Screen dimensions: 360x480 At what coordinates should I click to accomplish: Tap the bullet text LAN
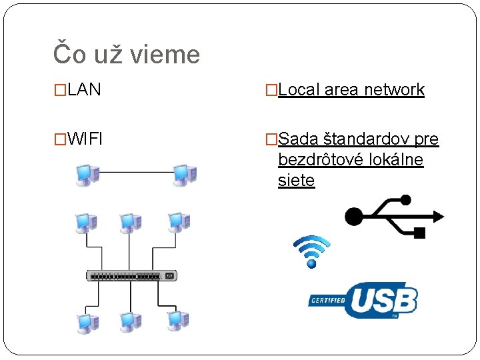[x=84, y=90]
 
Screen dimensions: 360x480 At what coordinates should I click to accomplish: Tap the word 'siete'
[x=296, y=181]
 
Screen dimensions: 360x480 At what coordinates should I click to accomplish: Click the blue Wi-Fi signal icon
[x=311, y=251]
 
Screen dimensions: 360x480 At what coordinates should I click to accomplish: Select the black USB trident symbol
[x=393, y=215]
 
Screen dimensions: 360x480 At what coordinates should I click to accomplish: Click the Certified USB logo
[x=364, y=301]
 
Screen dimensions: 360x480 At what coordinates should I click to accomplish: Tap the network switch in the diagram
[x=133, y=275]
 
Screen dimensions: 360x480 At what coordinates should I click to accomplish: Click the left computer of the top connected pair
[x=87, y=174]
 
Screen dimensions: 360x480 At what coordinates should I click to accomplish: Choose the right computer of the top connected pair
[x=184, y=174]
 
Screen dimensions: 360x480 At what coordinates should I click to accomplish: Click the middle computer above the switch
[x=131, y=224]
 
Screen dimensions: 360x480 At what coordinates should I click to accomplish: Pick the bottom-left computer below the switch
[x=87, y=322]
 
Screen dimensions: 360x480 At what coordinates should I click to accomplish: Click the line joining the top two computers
[x=136, y=172]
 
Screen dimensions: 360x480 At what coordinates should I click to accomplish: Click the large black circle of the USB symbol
[x=354, y=216]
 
